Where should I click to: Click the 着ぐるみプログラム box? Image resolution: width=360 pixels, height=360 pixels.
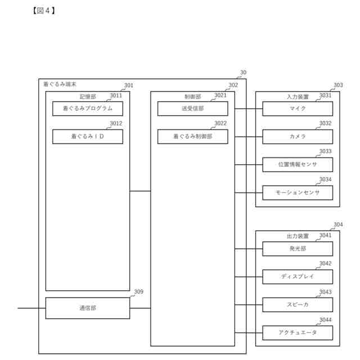coord(87,109)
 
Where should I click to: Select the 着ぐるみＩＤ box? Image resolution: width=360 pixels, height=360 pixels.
coord(87,137)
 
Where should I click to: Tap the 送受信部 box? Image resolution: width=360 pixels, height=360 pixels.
coord(192,109)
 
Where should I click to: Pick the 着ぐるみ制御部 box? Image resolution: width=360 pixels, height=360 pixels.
coord(192,137)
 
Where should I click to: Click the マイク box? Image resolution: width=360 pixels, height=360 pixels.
coord(298,109)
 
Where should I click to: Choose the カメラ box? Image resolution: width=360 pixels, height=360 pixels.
coord(298,137)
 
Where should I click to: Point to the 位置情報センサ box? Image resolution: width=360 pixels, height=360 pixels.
coord(298,165)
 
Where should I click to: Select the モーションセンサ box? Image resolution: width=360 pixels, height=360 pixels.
coord(298,193)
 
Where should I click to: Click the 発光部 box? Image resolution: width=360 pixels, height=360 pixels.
coord(298,249)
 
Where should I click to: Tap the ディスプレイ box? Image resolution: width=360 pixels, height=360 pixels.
coord(298,277)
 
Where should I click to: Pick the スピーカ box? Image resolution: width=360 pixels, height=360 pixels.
coord(298,305)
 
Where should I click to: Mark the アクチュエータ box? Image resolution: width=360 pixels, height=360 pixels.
coord(298,333)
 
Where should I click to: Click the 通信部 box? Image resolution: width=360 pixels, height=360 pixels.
coord(87,308)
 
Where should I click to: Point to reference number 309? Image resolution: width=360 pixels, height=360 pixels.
coord(138,292)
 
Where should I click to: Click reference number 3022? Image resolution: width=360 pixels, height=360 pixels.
coord(220,124)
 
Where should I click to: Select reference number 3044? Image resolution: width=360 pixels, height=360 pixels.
coord(325,320)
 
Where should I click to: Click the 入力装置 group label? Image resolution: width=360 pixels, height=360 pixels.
coord(298,97)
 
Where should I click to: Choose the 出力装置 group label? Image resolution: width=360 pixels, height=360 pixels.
coord(298,237)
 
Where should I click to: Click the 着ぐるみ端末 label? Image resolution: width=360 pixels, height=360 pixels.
coord(60,84)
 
